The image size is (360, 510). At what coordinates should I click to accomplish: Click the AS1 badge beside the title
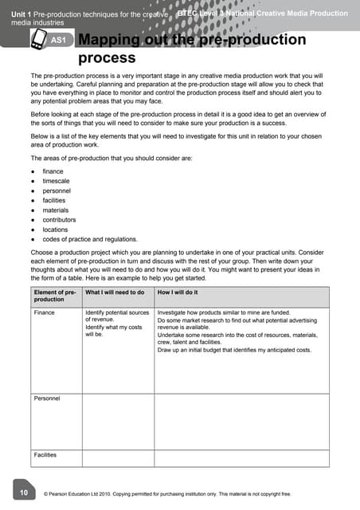pyautogui.click(x=57, y=40)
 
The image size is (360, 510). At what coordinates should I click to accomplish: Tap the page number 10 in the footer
pyautogui.click(x=24, y=493)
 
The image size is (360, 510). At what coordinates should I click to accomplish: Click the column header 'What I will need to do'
pyautogui.click(x=115, y=292)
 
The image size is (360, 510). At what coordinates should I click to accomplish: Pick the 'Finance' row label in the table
pyautogui.click(x=45, y=313)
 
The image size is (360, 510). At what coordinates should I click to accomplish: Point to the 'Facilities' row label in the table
pyautogui.click(x=45, y=455)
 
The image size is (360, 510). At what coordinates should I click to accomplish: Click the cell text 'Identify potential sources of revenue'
pyautogui.click(x=117, y=316)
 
